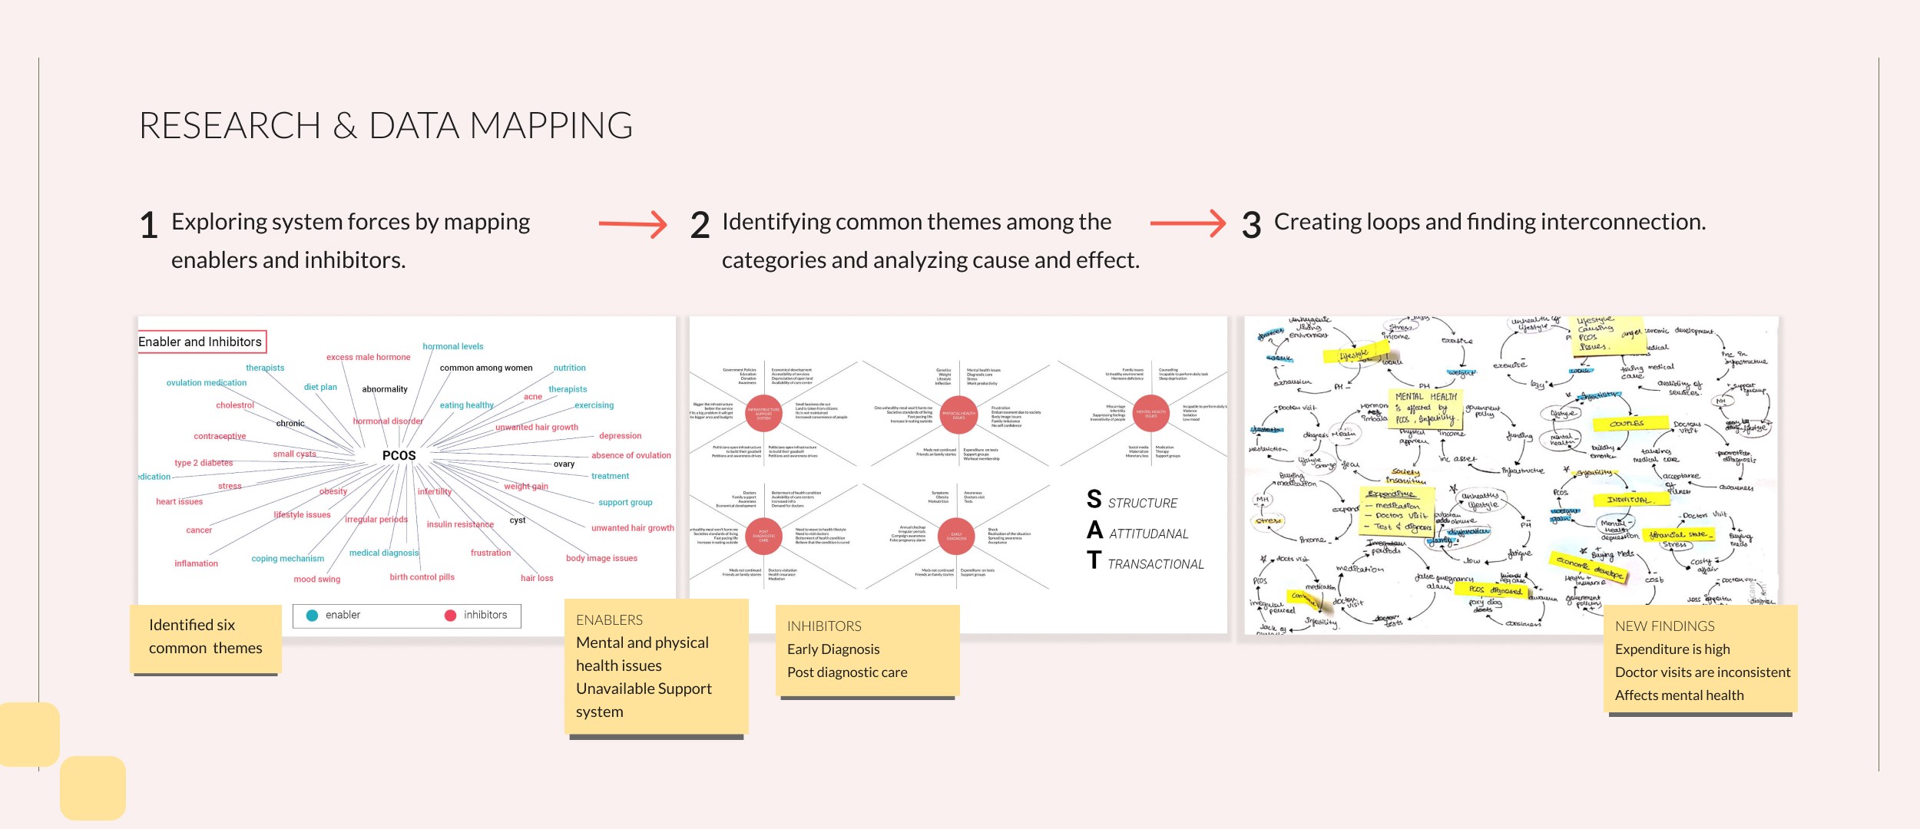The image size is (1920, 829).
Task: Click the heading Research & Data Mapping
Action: pos(386,126)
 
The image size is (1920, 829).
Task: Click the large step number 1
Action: pos(149,226)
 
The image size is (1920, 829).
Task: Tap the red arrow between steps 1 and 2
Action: pos(633,224)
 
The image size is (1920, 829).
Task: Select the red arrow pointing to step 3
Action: pos(1187,223)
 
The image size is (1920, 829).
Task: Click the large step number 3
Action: pos(1251,226)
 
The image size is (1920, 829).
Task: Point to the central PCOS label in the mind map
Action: pos(399,455)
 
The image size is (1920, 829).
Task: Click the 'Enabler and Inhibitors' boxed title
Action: pos(201,342)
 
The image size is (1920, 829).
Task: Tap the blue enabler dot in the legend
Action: pos(313,615)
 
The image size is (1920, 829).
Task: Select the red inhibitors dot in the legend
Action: pos(451,615)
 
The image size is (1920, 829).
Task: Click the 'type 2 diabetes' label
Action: pos(204,463)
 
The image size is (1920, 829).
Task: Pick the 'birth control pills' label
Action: pos(422,577)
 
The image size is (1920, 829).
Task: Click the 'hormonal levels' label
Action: pos(453,346)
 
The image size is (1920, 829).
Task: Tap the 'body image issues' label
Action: pos(601,558)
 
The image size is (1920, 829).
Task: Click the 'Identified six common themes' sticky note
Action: pos(205,637)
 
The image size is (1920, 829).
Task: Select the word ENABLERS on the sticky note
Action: pos(609,619)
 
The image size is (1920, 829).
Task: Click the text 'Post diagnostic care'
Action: pos(847,672)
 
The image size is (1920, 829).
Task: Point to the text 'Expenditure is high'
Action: pos(1672,649)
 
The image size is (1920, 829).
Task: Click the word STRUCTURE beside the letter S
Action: pos(1142,504)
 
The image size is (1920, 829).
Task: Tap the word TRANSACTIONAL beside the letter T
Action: pos(1155,564)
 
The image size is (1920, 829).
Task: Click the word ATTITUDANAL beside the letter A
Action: pos(1148,534)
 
